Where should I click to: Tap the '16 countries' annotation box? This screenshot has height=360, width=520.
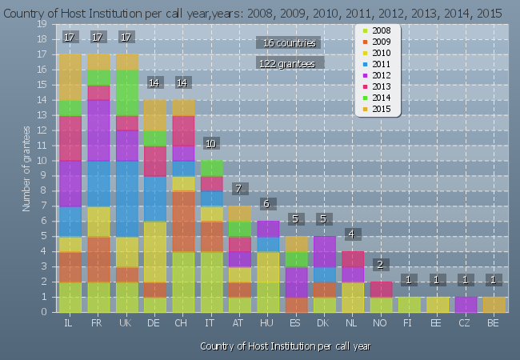290,42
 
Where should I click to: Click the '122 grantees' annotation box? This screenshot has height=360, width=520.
290,62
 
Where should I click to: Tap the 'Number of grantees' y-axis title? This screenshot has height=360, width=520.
26,168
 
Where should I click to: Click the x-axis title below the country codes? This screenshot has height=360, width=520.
286,346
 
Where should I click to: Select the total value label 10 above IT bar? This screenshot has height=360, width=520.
210,143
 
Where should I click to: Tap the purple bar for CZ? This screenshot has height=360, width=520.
465,304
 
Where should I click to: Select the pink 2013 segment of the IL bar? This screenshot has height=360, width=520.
70,138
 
